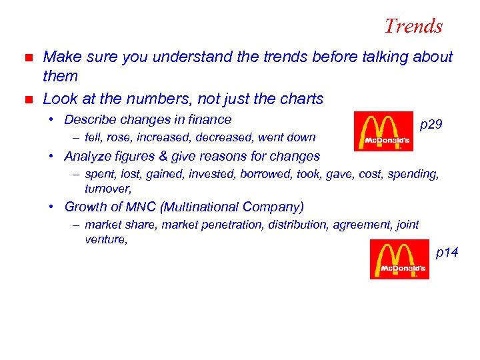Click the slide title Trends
click(413, 26)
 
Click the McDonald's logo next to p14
click(399, 259)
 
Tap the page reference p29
click(432, 125)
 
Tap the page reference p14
click(447, 252)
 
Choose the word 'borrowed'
click(275, 174)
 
